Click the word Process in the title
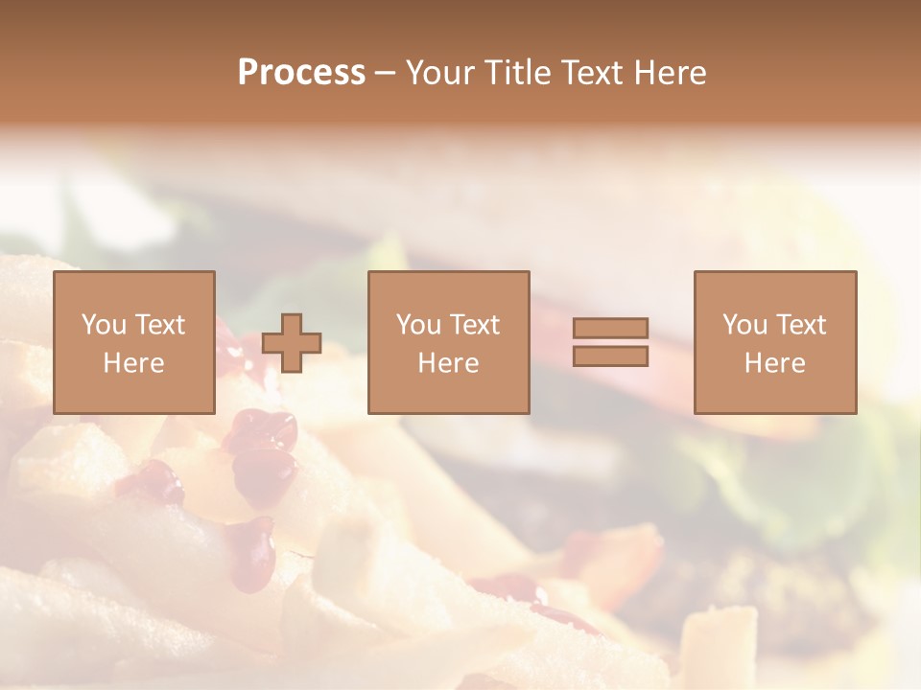coord(301,73)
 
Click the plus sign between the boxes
coord(292,343)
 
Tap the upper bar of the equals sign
coord(610,329)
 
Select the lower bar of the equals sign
coord(610,356)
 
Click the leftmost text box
coord(133,343)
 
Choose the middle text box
coord(448,343)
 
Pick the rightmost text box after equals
coord(774,343)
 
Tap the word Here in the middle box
coord(448,363)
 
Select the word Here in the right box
coord(774,363)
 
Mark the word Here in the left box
coord(133,363)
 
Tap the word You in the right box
coord(745,325)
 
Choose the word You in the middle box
coord(419,325)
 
